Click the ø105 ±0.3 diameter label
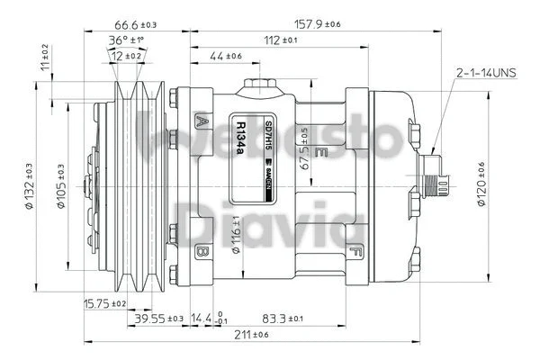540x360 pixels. pyautogui.click(x=59, y=185)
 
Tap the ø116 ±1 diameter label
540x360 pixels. pyautogui.click(x=237, y=236)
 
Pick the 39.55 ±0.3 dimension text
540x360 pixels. pyautogui.click(x=159, y=319)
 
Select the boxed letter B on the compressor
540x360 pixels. pyautogui.click(x=202, y=250)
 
